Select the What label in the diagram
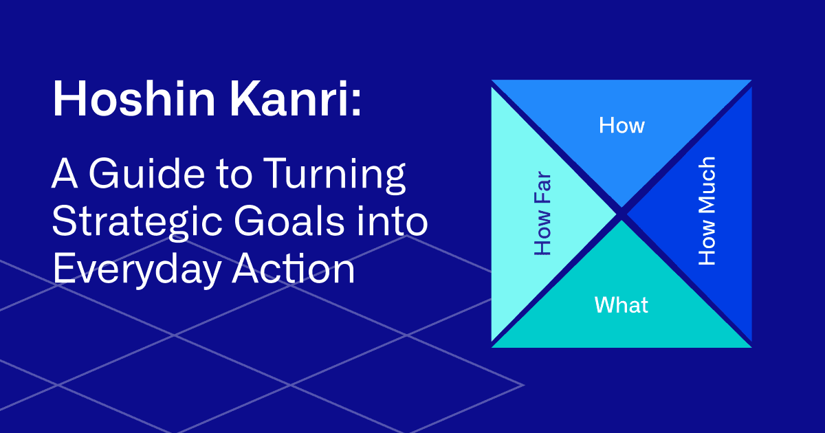tap(621, 304)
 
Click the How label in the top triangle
tap(621, 125)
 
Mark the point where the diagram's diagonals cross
tap(621, 213)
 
